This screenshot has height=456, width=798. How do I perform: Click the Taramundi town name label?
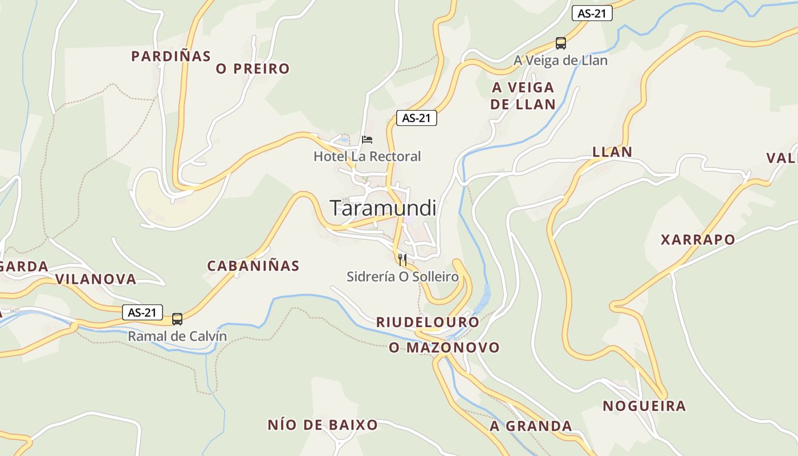tap(383, 208)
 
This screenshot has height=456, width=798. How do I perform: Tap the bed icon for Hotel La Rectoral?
tap(367, 139)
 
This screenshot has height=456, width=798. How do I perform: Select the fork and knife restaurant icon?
tap(402, 260)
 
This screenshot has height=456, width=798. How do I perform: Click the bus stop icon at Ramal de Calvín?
tap(177, 319)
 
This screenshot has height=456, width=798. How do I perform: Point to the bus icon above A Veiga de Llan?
tap(561, 43)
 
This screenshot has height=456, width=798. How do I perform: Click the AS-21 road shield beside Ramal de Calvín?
tap(142, 312)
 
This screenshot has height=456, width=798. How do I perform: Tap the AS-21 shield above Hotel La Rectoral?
tap(416, 118)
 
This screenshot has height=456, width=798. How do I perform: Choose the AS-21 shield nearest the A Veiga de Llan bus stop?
tap(592, 14)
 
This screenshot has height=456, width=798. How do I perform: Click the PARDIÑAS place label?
tap(171, 56)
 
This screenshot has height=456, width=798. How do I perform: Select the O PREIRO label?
tap(253, 69)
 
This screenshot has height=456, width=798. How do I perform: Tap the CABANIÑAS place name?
tap(253, 266)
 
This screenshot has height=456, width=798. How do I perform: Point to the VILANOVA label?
tap(96, 279)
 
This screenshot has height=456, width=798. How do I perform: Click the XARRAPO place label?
tap(698, 240)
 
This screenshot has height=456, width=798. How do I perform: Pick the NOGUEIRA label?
tap(644, 406)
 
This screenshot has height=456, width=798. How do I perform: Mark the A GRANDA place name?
tap(531, 426)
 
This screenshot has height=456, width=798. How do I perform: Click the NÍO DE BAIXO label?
tap(323, 425)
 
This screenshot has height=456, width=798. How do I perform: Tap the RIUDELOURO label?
tap(427, 322)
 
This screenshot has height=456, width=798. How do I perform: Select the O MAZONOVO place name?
tap(444, 347)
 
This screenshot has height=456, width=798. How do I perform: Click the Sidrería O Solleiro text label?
tap(402, 277)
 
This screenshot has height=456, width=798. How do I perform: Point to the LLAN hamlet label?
tap(612, 152)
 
